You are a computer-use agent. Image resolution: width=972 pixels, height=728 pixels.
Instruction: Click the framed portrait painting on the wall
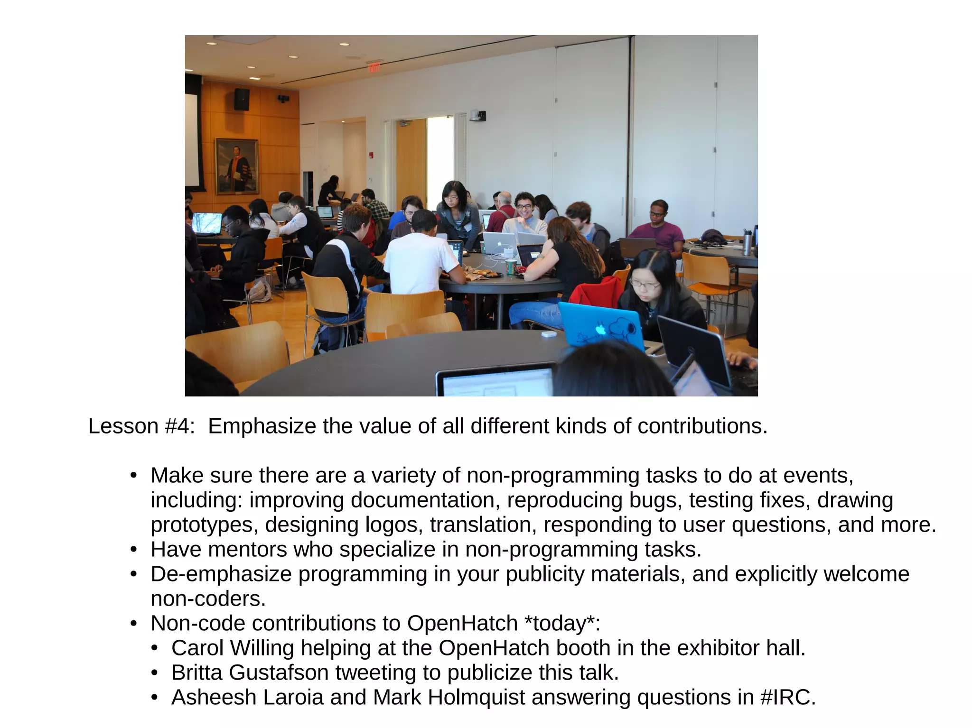pos(237,166)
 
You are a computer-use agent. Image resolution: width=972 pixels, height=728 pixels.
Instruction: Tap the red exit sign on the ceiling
pos(374,67)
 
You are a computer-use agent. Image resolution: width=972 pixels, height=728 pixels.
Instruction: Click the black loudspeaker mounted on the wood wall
pos(242,99)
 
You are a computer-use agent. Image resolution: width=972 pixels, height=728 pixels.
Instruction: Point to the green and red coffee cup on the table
pos(510,267)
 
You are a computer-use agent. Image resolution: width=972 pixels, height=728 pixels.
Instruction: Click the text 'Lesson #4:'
pos(141,426)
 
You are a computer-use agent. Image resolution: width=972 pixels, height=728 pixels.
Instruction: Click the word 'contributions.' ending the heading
pos(702,426)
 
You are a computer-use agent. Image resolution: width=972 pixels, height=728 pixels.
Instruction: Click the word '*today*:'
pos(562,623)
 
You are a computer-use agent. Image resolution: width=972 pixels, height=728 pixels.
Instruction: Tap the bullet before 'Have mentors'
pos(134,550)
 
